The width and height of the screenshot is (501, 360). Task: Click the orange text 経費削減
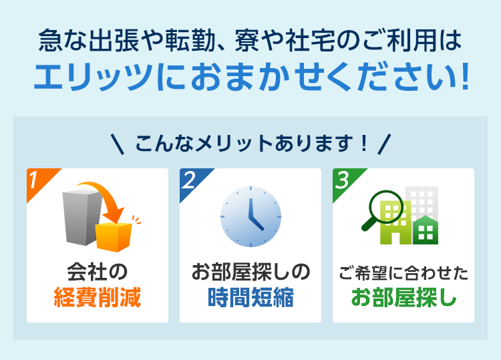tap(98, 297)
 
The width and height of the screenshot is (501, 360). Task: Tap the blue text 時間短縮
tap(251, 297)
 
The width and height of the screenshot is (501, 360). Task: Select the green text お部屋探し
tap(404, 297)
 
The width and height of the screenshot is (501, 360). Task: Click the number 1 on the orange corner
tap(33, 180)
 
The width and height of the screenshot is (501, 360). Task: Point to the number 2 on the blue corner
tap(189, 180)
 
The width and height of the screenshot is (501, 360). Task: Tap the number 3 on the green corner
tap(342, 180)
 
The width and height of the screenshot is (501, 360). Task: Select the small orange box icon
tap(114, 236)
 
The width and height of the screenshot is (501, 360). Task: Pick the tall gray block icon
tap(82, 217)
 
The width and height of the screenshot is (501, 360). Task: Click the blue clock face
tap(251, 216)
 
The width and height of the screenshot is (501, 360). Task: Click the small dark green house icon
tap(426, 230)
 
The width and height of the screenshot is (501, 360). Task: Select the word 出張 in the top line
tap(114, 41)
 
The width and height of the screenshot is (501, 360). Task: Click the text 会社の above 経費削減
tap(98, 272)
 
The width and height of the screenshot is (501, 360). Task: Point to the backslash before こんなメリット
tap(118, 144)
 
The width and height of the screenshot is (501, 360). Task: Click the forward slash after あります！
tap(384, 144)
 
